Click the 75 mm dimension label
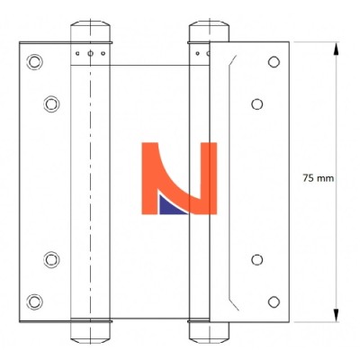[x=318, y=178]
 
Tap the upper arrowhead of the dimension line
[x=336, y=49]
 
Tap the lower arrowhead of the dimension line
[x=336, y=315]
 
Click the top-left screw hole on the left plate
[x=34, y=62]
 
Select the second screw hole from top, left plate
[x=51, y=104]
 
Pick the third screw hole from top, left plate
[x=51, y=259]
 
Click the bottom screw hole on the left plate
[x=34, y=301]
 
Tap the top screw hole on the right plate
[x=274, y=62]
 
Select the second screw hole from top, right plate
[x=257, y=104]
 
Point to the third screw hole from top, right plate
[x=257, y=260]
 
